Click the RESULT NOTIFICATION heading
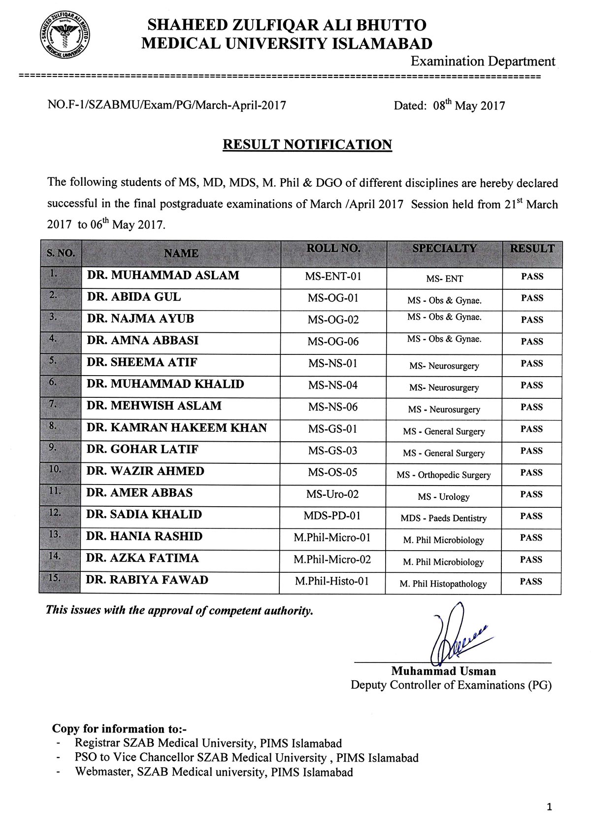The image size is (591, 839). (x=307, y=144)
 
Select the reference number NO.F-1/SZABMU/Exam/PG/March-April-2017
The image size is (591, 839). (x=167, y=105)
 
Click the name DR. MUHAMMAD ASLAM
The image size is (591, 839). (x=163, y=276)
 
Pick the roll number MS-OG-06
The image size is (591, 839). (x=333, y=341)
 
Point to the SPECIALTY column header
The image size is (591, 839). (x=444, y=249)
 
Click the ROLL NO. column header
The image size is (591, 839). (x=333, y=249)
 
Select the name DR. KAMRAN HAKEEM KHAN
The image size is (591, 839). (x=177, y=428)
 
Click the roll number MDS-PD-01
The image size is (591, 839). (x=332, y=516)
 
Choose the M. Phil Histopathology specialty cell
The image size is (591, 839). (x=443, y=584)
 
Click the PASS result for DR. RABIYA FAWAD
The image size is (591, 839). (x=531, y=582)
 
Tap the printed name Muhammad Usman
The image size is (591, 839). (x=443, y=671)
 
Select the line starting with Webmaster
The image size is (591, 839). (x=214, y=772)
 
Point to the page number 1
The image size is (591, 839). (x=550, y=807)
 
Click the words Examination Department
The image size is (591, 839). (x=483, y=62)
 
